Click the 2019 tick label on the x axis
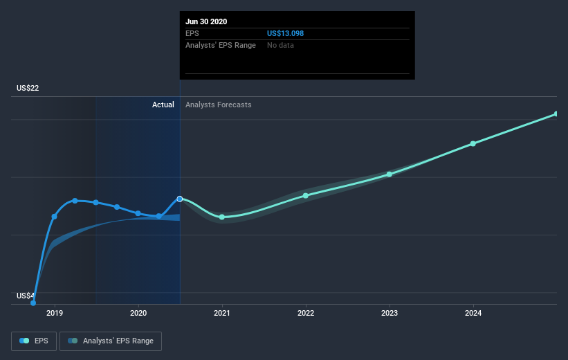point(55,313)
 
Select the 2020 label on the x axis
point(138,313)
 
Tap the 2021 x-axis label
point(221,313)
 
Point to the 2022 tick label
point(306,313)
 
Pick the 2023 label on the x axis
point(390,313)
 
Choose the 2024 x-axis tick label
point(473,313)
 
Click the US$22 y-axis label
point(28,88)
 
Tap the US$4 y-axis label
point(26,296)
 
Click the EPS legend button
point(34,341)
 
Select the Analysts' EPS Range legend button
point(111,341)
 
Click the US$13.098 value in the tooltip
point(286,33)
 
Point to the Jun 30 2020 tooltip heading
point(206,21)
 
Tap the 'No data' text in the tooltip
point(280,45)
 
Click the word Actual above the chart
point(163,105)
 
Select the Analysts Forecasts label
point(219,105)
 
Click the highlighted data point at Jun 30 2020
point(180,199)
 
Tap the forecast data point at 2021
point(222,217)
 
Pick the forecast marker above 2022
point(306,196)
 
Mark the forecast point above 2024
point(473,144)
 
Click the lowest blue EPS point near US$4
point(33,303)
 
